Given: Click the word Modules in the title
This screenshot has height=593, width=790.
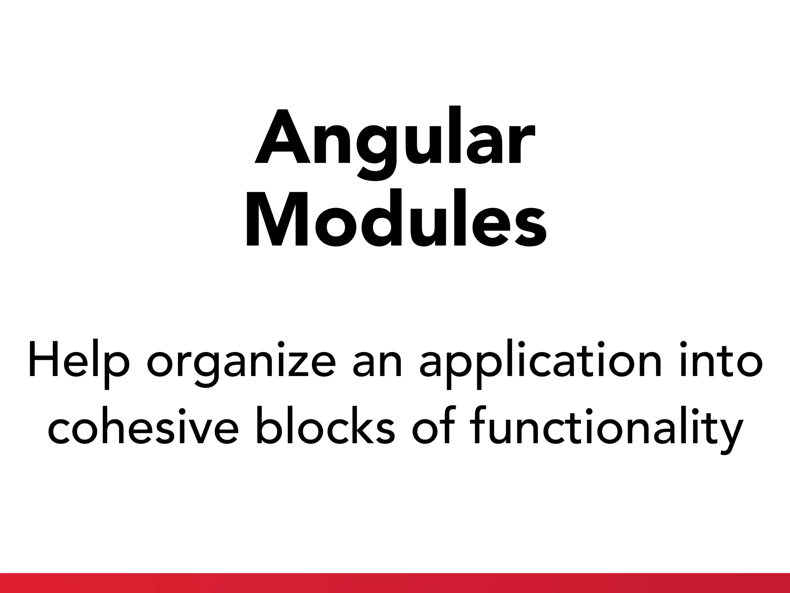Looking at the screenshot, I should click(x=395, y=218).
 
